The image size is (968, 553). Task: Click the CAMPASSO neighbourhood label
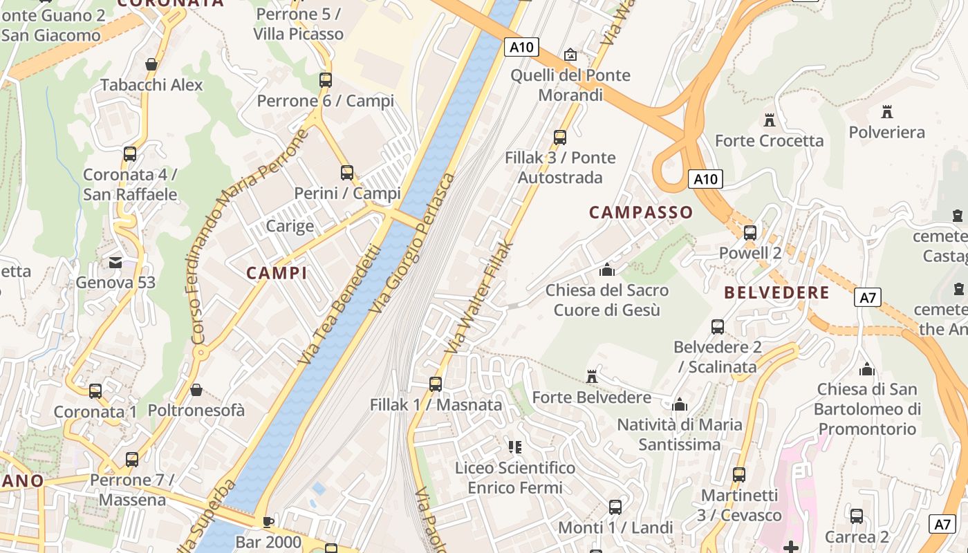[x=640, y=212]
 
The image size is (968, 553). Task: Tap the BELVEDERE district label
[x=776, y=292]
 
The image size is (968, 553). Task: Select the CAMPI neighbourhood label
[x=277, y=273]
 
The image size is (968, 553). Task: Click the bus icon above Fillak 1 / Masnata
[x=435, y=384]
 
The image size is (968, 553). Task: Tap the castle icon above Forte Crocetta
[x=769, y=120]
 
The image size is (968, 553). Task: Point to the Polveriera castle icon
[x=887, y=111]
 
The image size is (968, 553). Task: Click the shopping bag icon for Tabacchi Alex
[x=151, y=65]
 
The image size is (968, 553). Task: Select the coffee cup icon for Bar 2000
[x=268, y=521]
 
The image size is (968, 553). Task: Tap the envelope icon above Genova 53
[x=115, y=263]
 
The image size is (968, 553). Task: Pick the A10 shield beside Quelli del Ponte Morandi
[x=521, y=47]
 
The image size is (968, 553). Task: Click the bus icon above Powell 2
[x=750, y=233]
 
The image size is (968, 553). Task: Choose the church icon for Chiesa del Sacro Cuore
[x=607, y=270]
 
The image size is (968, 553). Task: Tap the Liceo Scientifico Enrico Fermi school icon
[x=514, y=447]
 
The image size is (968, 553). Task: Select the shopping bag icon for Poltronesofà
[x=196, y=390]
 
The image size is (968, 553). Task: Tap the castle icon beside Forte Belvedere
[x=591, y=377]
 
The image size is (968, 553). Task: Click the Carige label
[x=290, y=226]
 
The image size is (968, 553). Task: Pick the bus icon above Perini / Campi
[x=347, y=172]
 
